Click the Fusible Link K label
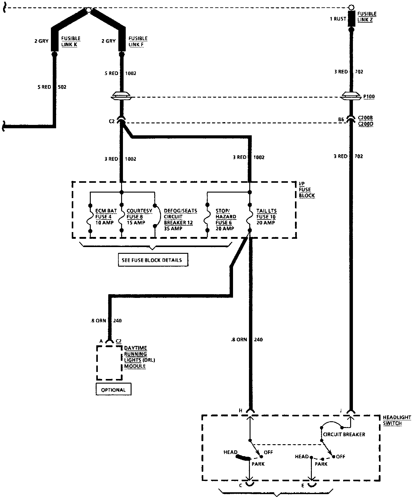point(71,41)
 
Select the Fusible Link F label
point(138,41)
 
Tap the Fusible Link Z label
point(366,17)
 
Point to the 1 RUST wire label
point(338,19)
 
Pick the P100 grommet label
point(369,97)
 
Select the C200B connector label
point(365,118)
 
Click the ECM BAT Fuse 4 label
point(105,217)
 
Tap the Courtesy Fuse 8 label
point(139,217)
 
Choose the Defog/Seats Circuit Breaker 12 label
point(180,219)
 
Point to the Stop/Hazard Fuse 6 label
point(226,219)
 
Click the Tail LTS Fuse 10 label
point(266,217)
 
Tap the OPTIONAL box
point(113,390)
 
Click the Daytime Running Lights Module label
point(139,357)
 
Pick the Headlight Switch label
point(397,420)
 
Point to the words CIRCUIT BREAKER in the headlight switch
point(344,434)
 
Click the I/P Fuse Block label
point(307,189)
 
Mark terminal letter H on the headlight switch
point(241,411)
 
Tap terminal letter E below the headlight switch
point(303,486)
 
